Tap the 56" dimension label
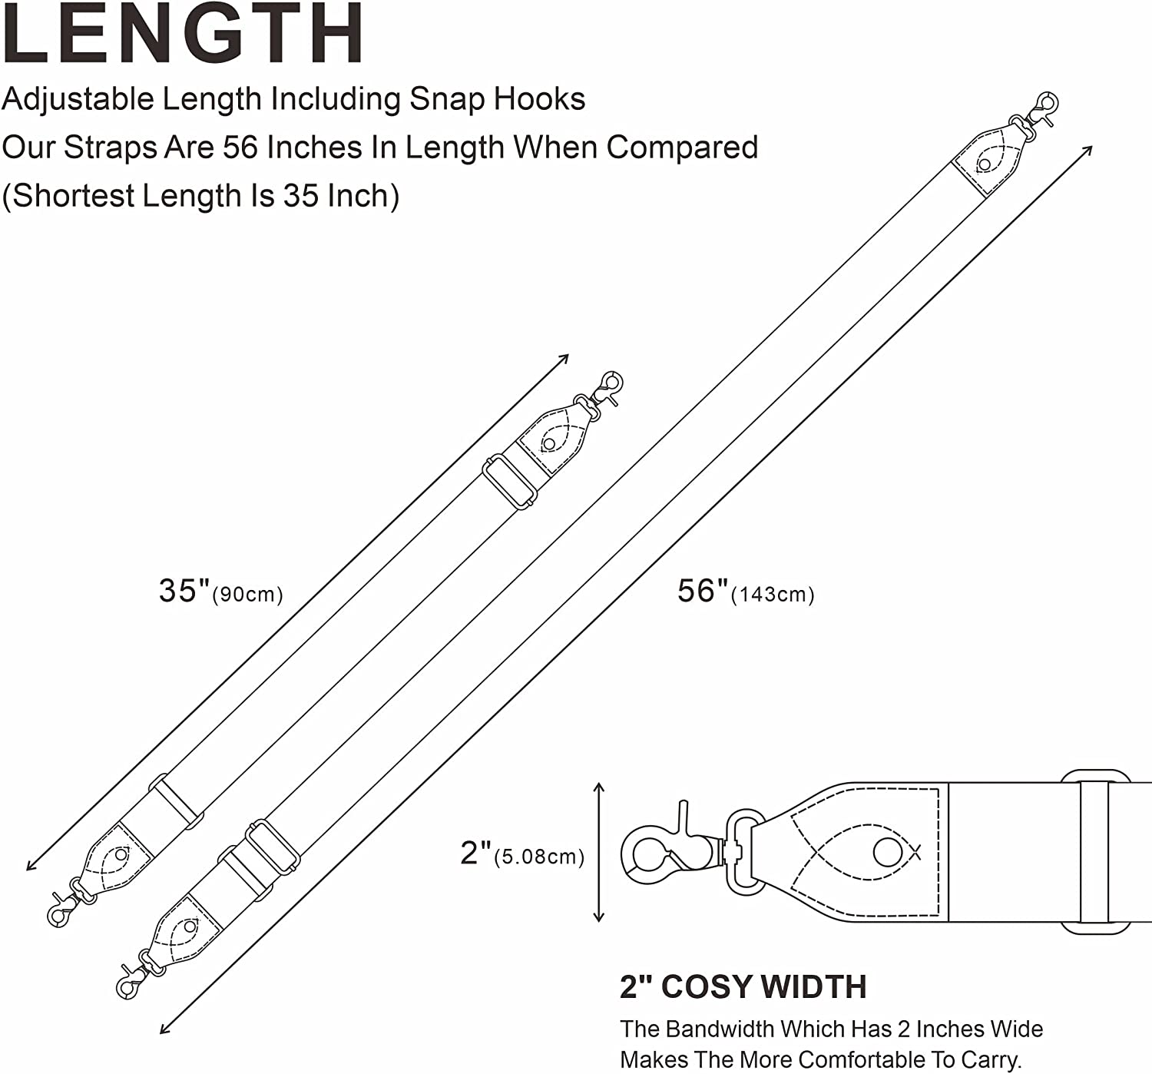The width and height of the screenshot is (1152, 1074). click(x=703, y=591)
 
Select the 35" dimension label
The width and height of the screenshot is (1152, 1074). click(x=184, y=591)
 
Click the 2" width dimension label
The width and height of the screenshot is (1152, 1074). click(x=475, y=853)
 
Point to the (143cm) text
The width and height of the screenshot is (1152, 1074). click(x=773, y=595)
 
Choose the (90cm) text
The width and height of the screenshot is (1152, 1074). click(x=248, y=595)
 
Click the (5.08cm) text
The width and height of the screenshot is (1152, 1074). click(x=539, y=857)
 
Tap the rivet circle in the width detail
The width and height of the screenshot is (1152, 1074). click(x=888, y=852)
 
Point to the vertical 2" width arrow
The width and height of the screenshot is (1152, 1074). click(x=599, y=852)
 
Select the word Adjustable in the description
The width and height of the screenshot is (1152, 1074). click(x=78, y=100)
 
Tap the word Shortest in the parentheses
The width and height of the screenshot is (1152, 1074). click(x=71, y=196)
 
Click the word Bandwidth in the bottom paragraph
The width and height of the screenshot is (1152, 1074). click(x=720, y=1029)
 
